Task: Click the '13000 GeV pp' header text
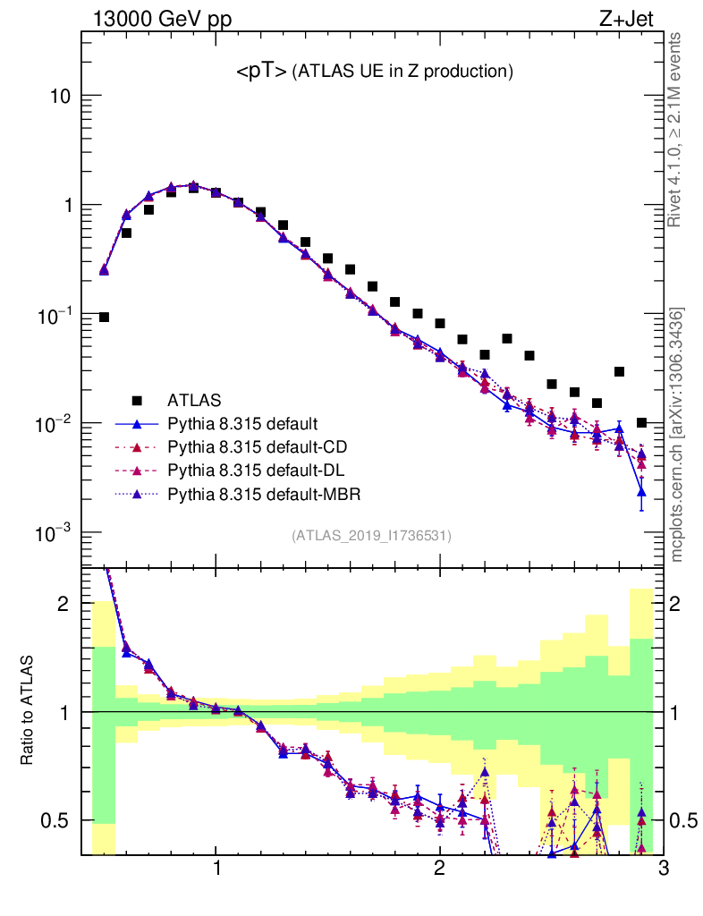(161, 18)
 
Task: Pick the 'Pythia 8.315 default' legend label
(242, 423)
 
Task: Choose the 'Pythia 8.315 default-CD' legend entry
(254, 446)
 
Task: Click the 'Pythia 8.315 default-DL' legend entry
(254, 470)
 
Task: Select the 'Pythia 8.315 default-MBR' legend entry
(260, 493)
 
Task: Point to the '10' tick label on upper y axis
(59, 96)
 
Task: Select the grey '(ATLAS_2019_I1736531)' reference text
(371, 536)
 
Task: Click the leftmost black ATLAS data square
(104, 317)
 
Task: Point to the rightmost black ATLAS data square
(641, 422)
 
